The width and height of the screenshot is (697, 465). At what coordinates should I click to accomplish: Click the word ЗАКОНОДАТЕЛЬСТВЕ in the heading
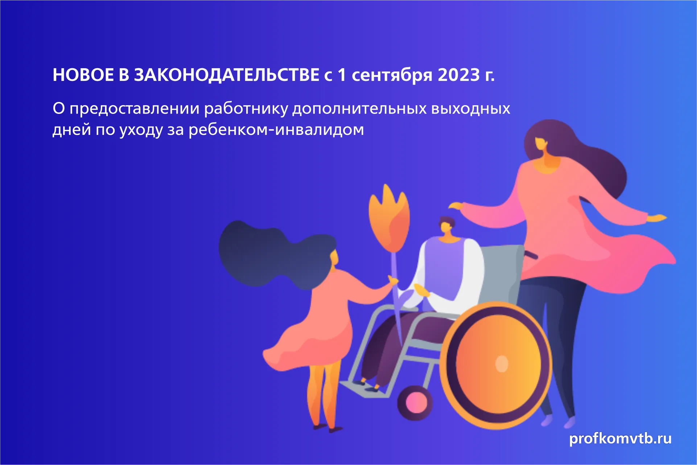(227, 75)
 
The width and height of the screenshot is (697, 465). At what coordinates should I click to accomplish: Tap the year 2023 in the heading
(459, 75)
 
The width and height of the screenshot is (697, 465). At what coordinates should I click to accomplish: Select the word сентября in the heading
(392, 75)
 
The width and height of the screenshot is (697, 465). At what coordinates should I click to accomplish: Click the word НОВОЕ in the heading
(83, 75)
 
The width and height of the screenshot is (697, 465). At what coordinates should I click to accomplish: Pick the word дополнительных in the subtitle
(359, 109)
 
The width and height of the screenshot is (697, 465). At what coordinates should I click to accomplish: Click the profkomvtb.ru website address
(620, 439)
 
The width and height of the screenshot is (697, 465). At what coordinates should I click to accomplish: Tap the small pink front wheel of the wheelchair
(415, 403)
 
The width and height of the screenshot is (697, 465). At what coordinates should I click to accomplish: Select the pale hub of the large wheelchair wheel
(502, 363)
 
